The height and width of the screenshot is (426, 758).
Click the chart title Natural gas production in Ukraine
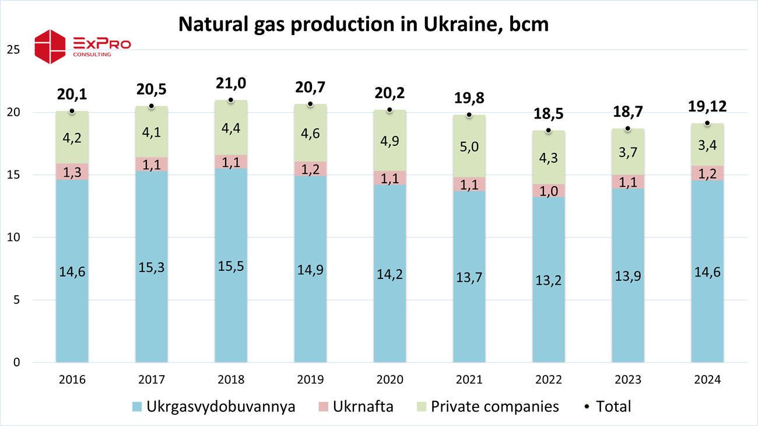click(363, 24)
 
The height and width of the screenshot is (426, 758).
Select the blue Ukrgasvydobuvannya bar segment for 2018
click(231, 266)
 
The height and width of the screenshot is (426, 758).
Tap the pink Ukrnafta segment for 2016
click(72, 172)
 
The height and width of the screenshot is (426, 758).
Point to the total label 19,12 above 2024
click(707, 106)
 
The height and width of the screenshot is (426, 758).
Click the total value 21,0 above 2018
click(231, 84)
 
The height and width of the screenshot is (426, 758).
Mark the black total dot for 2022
click(549, 130)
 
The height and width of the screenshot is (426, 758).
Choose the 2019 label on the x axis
click(310, 380)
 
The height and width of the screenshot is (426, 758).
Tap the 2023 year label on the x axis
click(628, 380)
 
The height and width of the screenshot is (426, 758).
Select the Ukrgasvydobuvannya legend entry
click(213, 407)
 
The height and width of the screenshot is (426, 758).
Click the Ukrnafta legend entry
click(355, 407)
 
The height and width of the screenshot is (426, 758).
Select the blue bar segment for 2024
click(707, 271)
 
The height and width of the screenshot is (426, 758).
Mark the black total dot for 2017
click(152, 106)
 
